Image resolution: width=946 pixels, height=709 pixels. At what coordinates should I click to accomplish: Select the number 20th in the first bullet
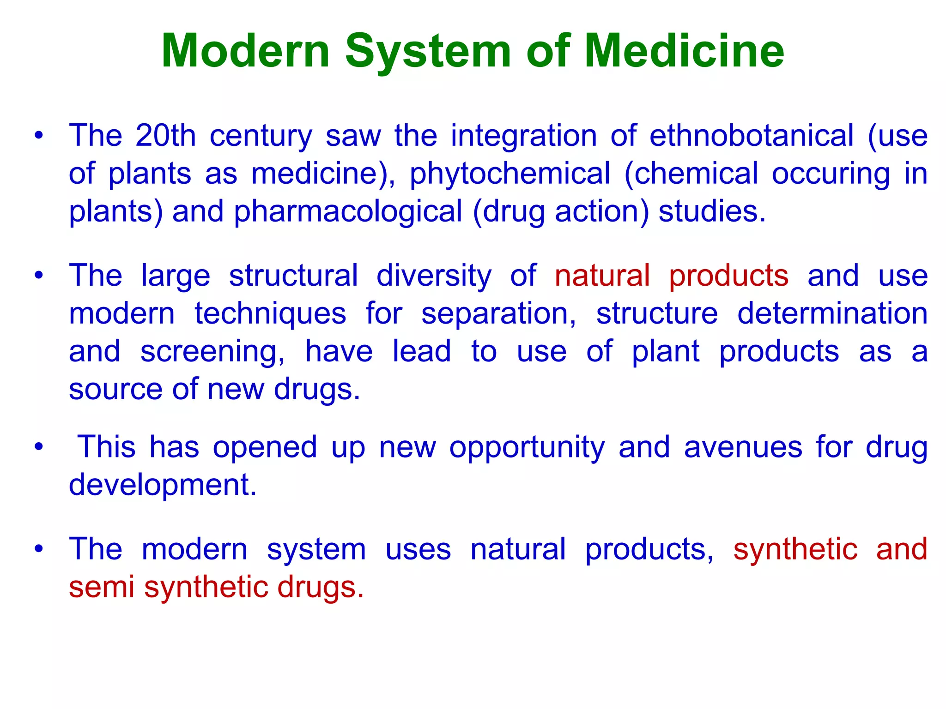point(166,136)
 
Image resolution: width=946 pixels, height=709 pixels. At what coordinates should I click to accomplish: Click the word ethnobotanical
point(752,136)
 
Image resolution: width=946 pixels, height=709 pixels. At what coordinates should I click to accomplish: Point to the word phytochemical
point(510,174)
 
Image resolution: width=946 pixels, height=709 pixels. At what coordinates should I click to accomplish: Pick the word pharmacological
point(348,212)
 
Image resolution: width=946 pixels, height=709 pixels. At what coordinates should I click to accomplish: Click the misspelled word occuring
point(831,174)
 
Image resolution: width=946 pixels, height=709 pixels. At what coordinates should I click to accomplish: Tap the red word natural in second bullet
point(602,276)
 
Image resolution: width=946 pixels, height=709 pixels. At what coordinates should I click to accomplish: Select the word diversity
point(434,276)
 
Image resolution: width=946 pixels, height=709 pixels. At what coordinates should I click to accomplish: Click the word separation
point(498,314)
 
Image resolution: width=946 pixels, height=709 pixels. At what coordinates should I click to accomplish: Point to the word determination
point(832,314)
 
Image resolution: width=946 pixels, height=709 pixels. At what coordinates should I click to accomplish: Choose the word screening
point(212,352)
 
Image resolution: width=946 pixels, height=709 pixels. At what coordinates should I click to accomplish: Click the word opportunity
point(527,448)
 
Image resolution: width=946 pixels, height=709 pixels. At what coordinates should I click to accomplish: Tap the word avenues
point(743,448)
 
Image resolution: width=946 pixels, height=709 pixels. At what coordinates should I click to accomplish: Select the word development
point(162,485)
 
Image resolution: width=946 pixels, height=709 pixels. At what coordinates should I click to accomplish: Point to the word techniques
point(270,314)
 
